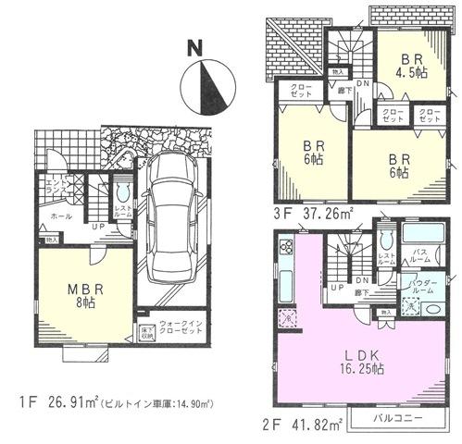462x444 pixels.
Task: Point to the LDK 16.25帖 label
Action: [365, 358]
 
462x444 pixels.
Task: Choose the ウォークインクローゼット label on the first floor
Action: [184, 329]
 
